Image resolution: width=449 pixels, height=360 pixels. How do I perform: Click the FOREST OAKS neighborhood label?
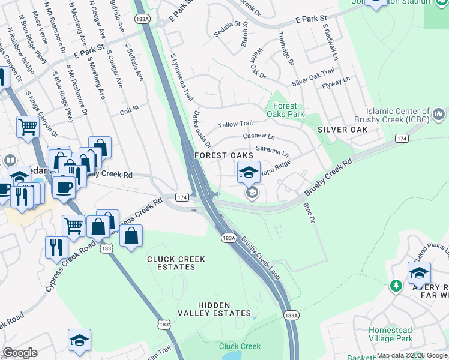223,155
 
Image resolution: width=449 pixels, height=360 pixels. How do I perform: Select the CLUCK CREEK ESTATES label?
176,264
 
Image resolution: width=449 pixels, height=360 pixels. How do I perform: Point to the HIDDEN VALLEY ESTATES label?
223,310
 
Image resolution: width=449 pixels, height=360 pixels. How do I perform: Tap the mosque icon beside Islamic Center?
439,113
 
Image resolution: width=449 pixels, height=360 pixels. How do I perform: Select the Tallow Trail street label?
235,124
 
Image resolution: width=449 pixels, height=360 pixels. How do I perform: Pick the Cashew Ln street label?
258,136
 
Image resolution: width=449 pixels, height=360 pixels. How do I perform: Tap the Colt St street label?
129,109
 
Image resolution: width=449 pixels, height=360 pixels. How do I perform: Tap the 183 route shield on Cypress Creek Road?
107,247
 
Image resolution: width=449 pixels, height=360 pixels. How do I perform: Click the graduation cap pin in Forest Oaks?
249,173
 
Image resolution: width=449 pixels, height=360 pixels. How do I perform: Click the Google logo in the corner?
20,353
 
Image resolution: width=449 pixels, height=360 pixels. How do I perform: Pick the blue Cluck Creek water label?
240,346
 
